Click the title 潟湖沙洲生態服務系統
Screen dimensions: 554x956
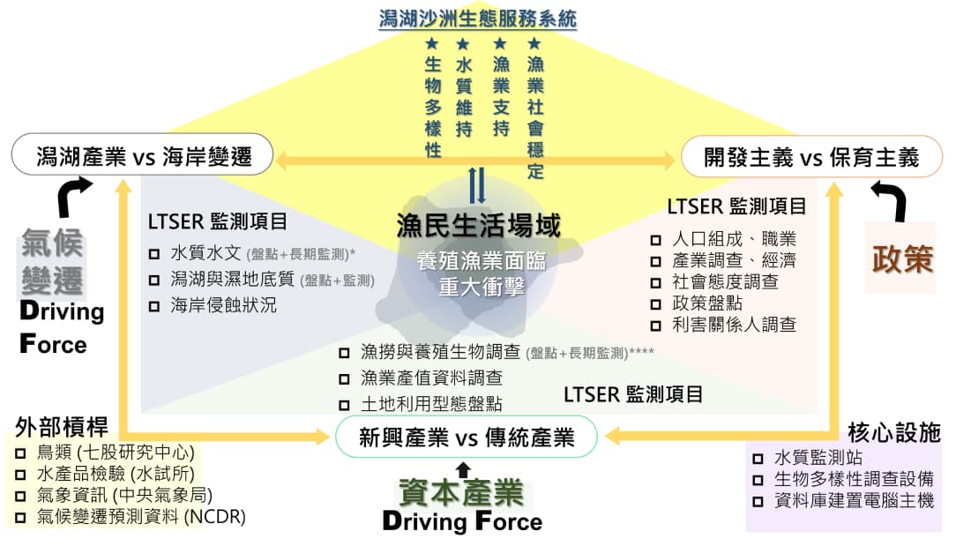click(x=477, y=19)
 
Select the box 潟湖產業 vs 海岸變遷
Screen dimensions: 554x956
click(x=144, y=157)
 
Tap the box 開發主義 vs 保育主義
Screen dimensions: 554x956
click(x=811, y=157)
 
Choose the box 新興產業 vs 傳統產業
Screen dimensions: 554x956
click(x=467, y=438)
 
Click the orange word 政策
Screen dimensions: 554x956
click(x=901, y=258)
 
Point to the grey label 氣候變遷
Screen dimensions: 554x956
click(x=53, y=264)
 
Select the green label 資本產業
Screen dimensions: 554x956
click(x=460, y=492)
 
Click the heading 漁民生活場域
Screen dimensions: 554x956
click(x=478, y=226)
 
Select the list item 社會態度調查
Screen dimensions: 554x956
click(x=725, y=282)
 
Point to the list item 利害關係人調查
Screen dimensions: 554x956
click(x=734, y=325)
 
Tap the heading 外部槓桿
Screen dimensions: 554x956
click(x=61, y=428)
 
